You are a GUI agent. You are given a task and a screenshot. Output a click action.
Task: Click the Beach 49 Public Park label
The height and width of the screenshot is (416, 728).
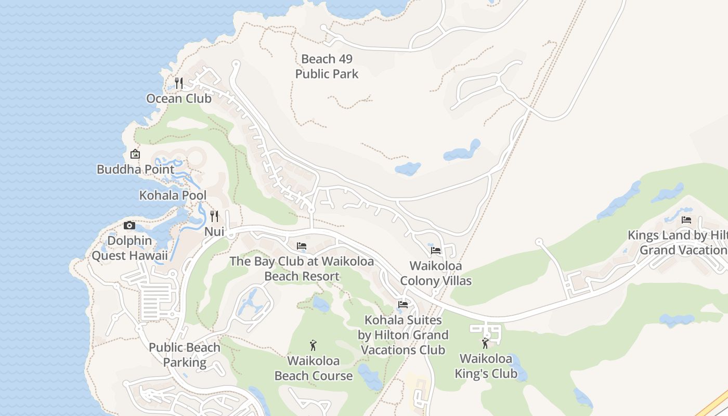(x=327, y=67)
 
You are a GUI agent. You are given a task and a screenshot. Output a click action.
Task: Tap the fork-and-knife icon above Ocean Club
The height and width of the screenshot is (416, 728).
(x=179, y=83)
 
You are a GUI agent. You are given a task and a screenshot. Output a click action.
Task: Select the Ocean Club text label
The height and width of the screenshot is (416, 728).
(x=179, y=98)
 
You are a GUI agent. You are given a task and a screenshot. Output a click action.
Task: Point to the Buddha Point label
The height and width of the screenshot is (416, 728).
(x=136, y=169)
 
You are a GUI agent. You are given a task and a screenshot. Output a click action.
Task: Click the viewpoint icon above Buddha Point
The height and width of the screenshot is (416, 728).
(x=135, y=154)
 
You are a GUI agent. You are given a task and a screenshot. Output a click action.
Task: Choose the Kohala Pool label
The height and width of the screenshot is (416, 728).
(x=173, y=196)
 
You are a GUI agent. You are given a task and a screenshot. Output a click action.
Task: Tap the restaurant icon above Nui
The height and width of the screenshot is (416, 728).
(x=214, y=216)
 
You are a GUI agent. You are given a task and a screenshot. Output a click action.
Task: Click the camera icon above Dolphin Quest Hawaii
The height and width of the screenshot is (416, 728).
(x=129, y=225)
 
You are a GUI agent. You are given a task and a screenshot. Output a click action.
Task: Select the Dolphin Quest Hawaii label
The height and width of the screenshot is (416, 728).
(x=130, y=248)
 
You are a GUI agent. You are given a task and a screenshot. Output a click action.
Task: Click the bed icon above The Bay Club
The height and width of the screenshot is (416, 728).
(x=302, y=246)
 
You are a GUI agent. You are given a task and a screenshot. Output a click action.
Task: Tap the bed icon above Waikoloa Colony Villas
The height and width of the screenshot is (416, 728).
(x=436, y=251)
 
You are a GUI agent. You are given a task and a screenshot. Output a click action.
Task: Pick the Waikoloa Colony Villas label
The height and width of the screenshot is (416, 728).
(x=436, y=274)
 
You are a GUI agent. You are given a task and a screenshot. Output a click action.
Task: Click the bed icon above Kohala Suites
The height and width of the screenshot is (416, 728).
(x=403, y=305)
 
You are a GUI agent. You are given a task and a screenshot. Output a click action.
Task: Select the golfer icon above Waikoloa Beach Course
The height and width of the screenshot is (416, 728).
(x=313, y=345)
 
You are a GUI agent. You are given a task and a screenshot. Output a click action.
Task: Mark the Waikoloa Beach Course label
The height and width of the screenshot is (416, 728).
(x=314, y=368)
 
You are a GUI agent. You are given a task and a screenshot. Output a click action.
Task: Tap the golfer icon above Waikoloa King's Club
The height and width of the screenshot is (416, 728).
(x=486, y=343)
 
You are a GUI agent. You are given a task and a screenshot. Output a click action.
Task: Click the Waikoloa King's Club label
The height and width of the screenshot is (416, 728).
(x=486, y=366)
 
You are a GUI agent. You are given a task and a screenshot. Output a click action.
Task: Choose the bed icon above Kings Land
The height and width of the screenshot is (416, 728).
(x=686, y=220)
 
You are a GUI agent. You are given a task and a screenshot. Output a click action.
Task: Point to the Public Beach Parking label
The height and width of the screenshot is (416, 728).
(x=185, y=355)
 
